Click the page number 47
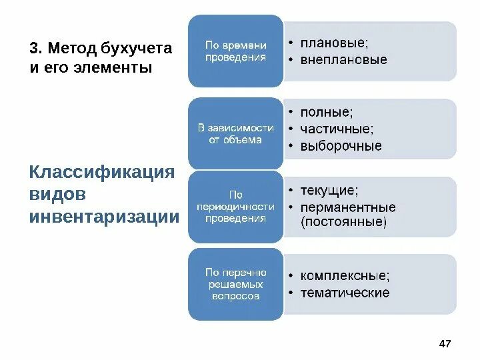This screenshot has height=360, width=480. click(445, 343)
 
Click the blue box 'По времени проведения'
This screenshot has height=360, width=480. click(235, 51)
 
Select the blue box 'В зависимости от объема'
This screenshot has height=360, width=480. click(235, 133)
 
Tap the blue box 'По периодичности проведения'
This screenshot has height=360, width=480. click(235, 207)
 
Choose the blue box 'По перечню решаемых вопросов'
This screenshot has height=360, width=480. click(235, 284)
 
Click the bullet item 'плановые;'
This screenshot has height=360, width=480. click(333, 43)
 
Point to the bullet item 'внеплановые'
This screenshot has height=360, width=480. click(343, 60)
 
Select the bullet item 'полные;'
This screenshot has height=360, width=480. click(327, 112)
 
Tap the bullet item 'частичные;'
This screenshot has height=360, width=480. click(337, 129)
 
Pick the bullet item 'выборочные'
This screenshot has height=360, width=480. click(341, 145)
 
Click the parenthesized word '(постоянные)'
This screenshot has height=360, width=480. click(343, 222)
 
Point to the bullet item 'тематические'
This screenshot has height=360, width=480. click(345, 293)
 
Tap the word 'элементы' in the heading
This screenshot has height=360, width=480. click(109, 68)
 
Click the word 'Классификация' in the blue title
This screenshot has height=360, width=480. click(102, 172)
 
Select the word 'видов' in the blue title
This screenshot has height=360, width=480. click(57, 194)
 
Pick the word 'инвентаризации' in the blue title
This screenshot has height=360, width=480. click(105, 217)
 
